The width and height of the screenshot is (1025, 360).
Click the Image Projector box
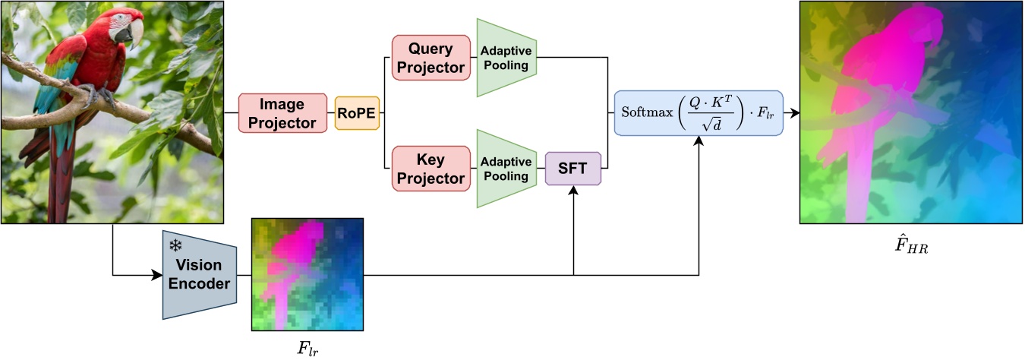282,112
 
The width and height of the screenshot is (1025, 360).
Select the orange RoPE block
358,112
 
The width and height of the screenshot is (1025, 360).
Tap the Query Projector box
430,58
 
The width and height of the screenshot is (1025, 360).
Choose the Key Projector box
430,169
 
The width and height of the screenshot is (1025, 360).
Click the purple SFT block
573,169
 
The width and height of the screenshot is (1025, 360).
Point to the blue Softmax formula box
698,112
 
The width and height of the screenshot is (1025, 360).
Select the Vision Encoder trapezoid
200,274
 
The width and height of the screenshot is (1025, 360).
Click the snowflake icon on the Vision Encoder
175,246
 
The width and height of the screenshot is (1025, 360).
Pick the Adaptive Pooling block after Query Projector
506,58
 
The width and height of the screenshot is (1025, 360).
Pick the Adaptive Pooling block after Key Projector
506,169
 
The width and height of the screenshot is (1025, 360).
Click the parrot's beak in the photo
135,32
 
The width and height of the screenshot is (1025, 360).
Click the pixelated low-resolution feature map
307,273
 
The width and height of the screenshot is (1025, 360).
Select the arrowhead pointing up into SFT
573,191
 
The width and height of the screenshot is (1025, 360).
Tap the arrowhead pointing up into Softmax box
698,142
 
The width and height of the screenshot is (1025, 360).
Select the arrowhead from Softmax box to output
794,112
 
